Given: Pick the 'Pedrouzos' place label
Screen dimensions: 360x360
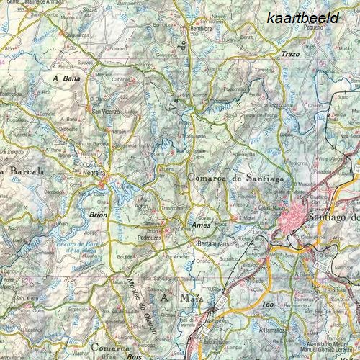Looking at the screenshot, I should coord(149,236).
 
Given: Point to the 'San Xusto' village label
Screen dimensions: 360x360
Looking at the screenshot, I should coord(28,298).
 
